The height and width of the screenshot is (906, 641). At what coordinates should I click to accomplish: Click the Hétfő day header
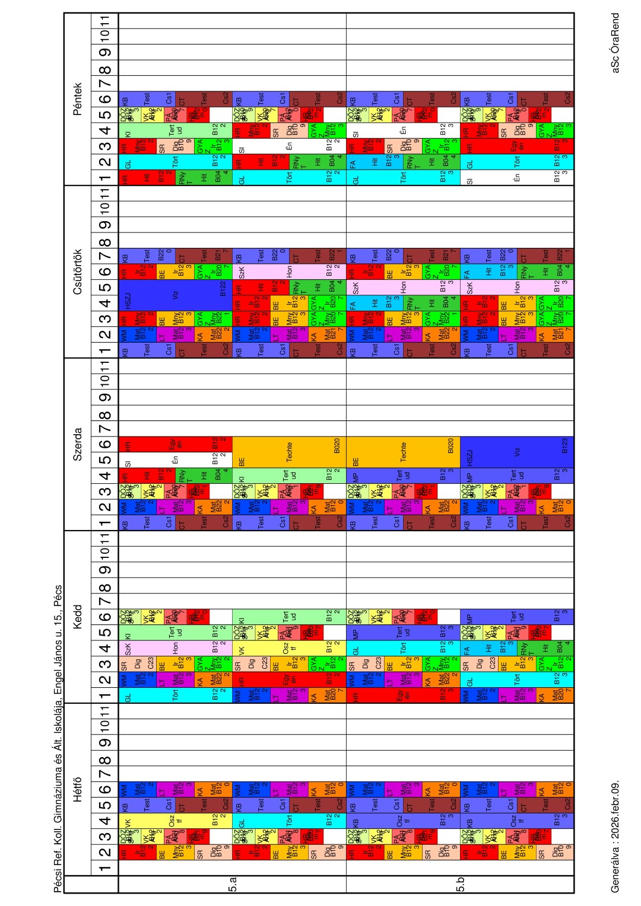tap(78, 789)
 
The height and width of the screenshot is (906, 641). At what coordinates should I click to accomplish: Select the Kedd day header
tap(78, 617)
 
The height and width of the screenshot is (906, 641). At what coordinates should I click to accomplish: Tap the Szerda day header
tap(78, 444)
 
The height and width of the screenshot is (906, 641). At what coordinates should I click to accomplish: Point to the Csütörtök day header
tap(78, 272)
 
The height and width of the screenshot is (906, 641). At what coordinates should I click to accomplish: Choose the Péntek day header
tap(78, 99)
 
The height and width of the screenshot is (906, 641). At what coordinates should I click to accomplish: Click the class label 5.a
tap(233, 887)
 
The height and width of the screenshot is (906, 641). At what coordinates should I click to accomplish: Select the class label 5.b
tap(461, 887)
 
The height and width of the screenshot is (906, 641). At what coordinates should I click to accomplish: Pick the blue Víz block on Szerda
tap(517, 452)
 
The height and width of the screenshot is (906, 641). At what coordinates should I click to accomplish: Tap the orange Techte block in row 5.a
tap(289, 452)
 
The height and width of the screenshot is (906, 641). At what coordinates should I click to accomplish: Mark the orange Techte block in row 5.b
tap(403, 452)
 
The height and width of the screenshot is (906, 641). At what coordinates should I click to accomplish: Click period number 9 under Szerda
tap(105, 397)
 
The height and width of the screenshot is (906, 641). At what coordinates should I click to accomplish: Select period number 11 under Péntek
tap(105, 21)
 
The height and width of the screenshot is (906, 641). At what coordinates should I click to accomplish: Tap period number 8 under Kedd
tap(105, 588)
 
